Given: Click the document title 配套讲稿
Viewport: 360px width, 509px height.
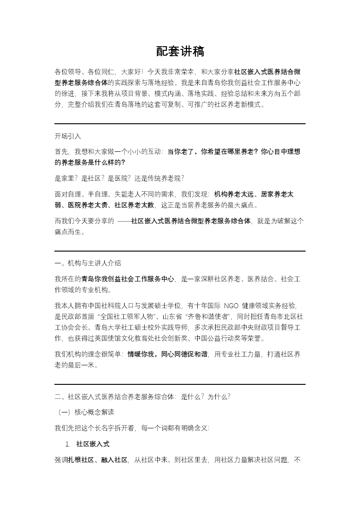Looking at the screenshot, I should (x=180, y=52).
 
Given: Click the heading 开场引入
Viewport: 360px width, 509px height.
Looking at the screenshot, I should (x=68, y=136).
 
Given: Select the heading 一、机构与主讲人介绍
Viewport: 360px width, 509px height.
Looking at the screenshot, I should (x=88, y=263).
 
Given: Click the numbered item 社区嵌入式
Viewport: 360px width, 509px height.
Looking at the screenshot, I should (x=93, y=444).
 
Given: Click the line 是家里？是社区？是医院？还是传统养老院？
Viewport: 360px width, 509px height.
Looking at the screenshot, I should (x=119, y=178).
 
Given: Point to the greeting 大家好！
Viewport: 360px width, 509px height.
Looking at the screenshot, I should (x=131, y=72).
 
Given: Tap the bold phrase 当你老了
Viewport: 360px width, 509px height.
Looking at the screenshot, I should (x=181, y=152).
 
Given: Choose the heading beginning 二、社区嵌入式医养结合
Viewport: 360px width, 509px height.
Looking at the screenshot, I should (x=142, y=397).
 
